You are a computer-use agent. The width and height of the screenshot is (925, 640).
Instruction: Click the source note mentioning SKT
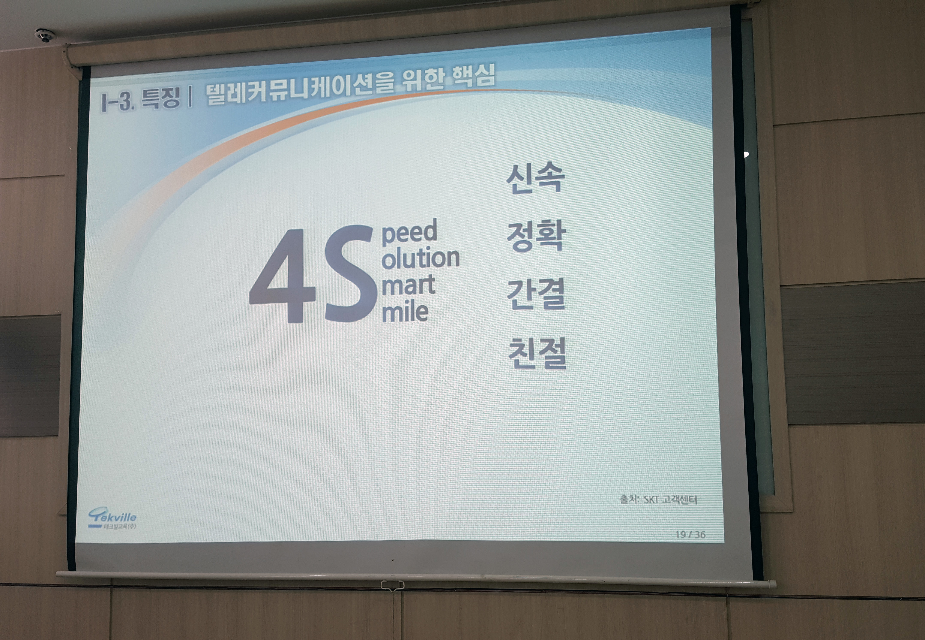(x=658, y=499)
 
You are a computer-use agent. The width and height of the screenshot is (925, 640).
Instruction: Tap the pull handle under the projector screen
(x=392, y=585)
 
